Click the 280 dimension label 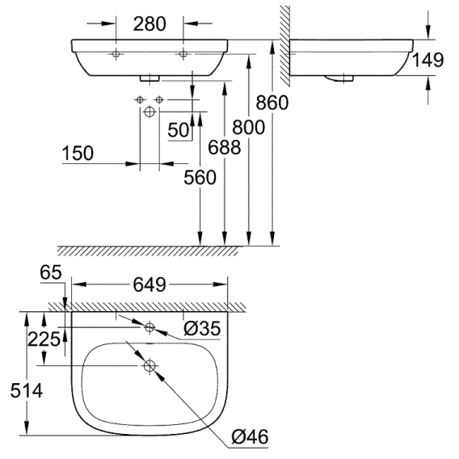[149, 24]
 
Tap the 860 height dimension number [272, 103]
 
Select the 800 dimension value [249, 128]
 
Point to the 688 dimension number [225, 147]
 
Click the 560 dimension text [200, 178]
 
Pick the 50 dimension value [179, 130]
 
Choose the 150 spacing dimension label [78, 153]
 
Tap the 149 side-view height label [427, 60]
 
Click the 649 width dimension [149, 284]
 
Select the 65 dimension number [51, 272]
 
